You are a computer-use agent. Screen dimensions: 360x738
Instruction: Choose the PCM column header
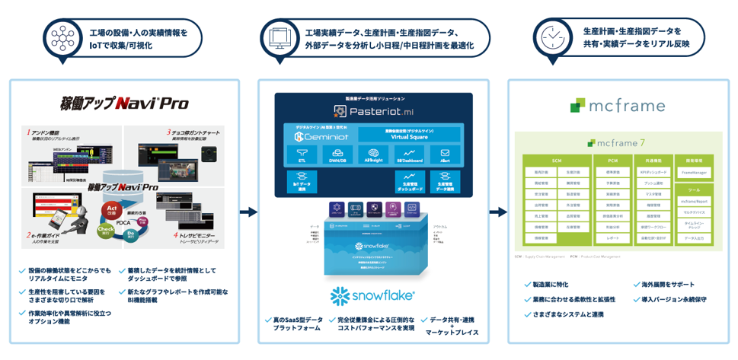point(613,160)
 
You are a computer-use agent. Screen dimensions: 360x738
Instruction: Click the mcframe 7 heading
point(618,142)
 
